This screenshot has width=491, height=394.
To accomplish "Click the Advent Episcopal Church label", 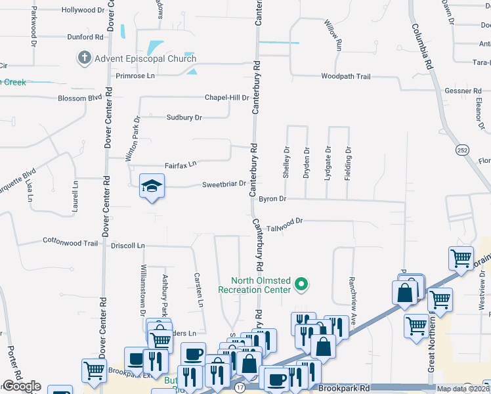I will (x=145, y=58).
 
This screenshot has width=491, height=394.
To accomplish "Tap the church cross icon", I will (x=84, y=58).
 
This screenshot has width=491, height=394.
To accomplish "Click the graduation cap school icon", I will (x=151, y=187).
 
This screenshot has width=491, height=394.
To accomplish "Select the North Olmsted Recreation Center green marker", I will (x=301, y=284).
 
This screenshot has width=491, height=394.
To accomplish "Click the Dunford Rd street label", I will (x=85, y=37).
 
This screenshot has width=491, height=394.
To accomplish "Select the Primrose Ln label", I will (x=135, y=76).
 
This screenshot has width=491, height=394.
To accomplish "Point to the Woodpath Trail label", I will (x=345, y=77).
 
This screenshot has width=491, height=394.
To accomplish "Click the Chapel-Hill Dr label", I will (x=227, y=97).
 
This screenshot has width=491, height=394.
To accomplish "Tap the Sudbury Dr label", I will (x=184, y=118).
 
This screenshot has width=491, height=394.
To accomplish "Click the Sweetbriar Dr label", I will (x=223, y=185).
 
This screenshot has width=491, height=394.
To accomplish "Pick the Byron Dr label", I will (x=272, y=198).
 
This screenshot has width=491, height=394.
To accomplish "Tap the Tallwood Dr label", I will (x=284, y=221).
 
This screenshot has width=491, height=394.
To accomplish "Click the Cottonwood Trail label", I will (x=70, y=243).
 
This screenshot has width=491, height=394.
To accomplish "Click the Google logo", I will (x=22, y=386).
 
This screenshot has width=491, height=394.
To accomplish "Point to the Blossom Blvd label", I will (x=81, y=98).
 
